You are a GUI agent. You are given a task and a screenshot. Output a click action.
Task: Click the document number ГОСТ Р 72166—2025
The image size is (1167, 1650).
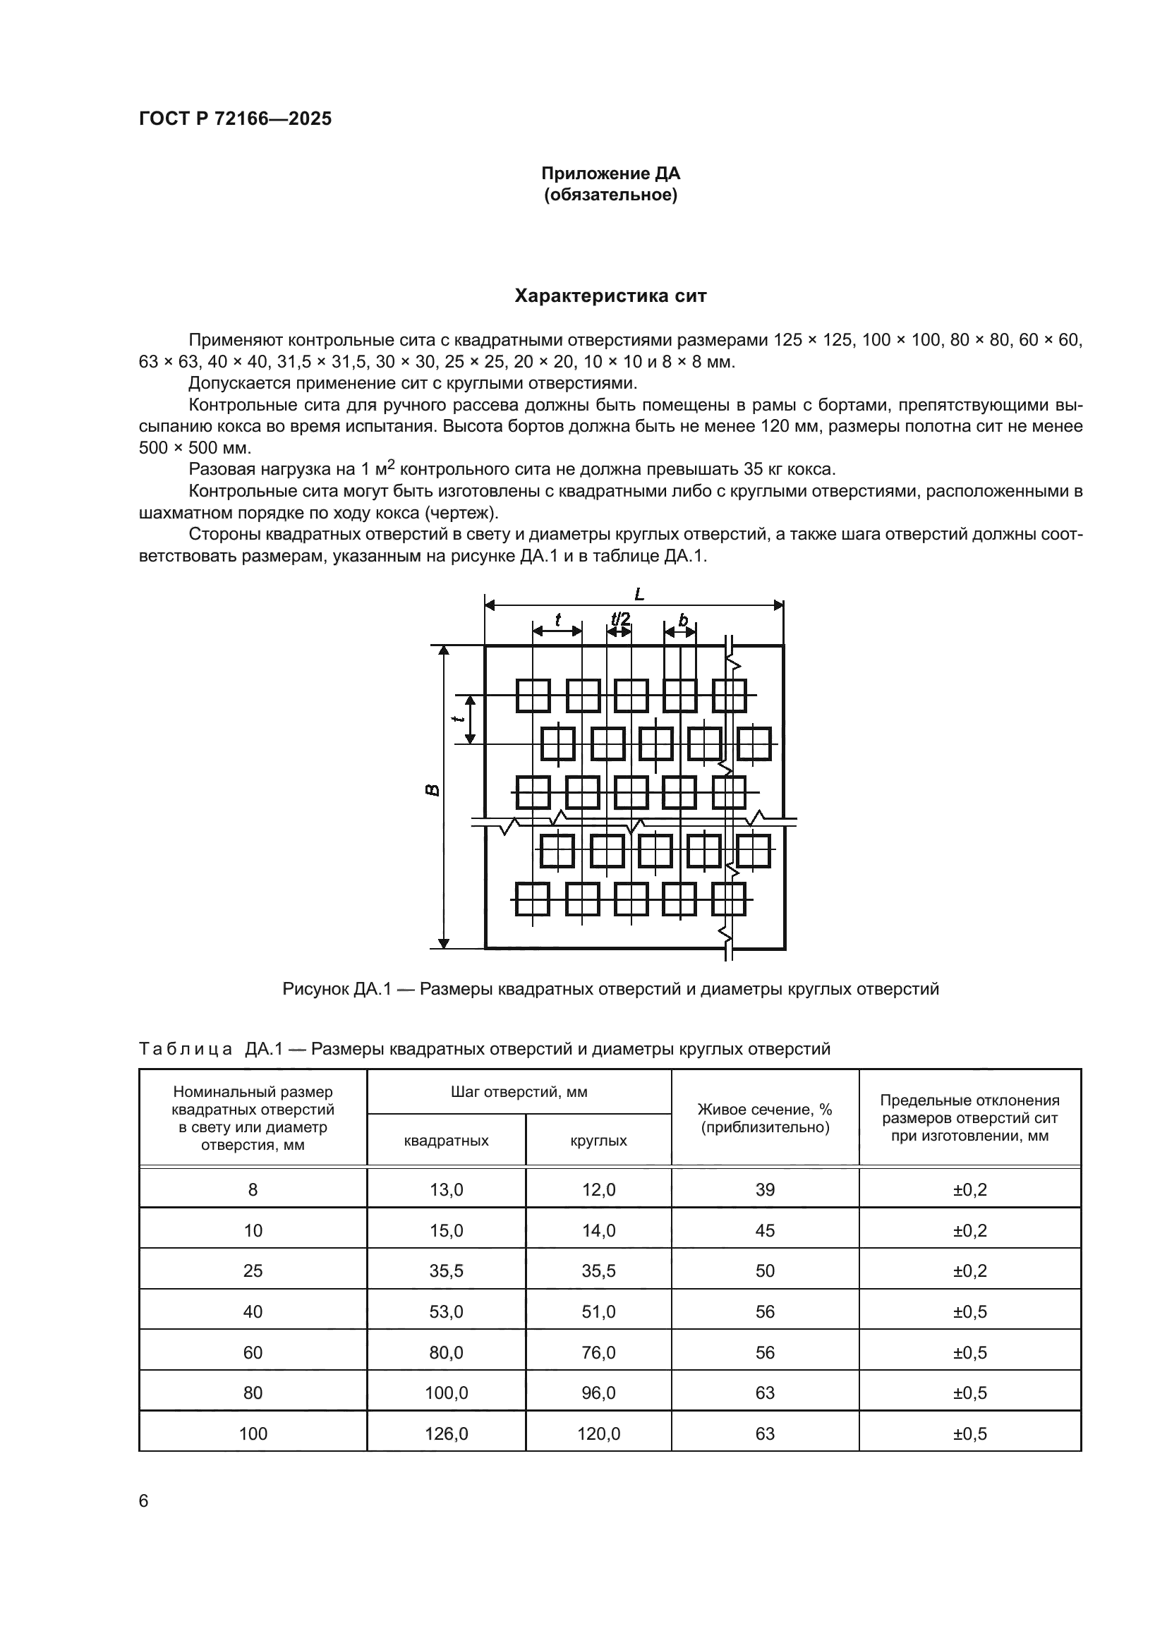pyautogui.click(x=235, y=119)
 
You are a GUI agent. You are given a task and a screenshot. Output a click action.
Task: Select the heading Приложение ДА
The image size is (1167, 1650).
pyautogui.click(x=610, y=174)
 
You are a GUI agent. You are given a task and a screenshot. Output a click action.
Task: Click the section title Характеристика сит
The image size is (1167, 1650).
pyautogui.click(x=610, y=296)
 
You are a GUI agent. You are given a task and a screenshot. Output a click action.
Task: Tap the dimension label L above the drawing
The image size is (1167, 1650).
pyautogui.click(x=639, y=594)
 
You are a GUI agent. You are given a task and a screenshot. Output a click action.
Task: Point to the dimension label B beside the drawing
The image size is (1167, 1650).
pyautogui.click(x=432, y=790)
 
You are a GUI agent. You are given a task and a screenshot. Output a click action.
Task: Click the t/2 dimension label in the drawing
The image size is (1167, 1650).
pyautogui.click(x=620, y=619)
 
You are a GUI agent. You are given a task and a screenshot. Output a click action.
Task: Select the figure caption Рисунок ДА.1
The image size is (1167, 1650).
pyautogui.click(x=610, y=989)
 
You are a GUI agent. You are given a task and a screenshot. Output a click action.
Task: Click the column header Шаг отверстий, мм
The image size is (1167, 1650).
pyautogui.click(x=519, y=1091)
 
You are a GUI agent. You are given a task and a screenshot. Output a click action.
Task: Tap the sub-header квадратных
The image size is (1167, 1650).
pyautogui.click(x=446, y=1141)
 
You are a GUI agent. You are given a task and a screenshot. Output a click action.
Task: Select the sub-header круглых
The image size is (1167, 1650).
pyautogui.click(x=598, y=1141)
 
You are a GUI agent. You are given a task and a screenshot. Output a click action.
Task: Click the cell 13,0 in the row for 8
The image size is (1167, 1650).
pyautogui.click(x=446, y=1190)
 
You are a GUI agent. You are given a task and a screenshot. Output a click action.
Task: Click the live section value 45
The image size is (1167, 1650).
pyautogui.click(x=765, y=1231)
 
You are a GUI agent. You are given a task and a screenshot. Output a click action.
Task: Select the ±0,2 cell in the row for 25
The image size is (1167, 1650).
pyautogui.click(x=969, y=1271)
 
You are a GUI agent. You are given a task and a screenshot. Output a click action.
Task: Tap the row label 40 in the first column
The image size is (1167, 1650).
pyautogui.click(x=253, y=1312)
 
